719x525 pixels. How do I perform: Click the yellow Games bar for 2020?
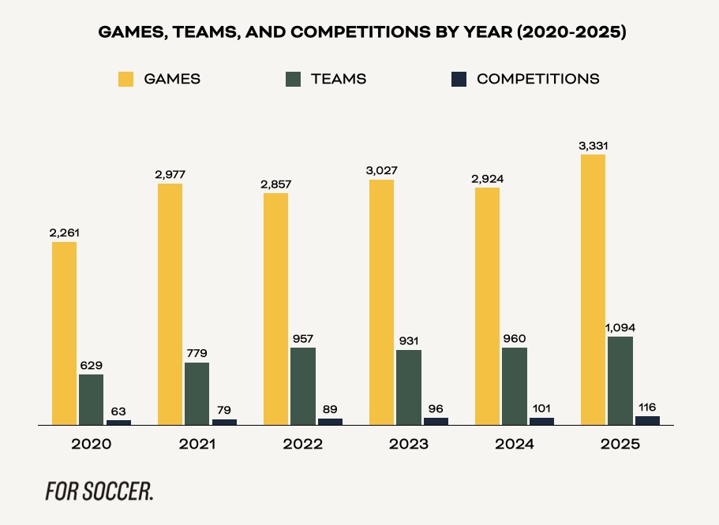(x=65, y=333)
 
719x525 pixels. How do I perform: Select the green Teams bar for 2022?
(x=303, y=386)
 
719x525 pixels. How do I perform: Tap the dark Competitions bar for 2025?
(x=647, y=420)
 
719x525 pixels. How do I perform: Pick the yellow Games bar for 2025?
(x=594, y=289)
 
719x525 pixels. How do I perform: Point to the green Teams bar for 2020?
(x=91, y=400)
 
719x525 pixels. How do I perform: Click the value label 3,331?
(x=594, y=146)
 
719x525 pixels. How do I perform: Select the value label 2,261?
(x=65, y=233)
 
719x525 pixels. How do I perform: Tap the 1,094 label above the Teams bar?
(x=620, y=328)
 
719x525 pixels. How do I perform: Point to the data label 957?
(x=303, y=339)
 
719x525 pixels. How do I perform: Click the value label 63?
(x=118, y=411)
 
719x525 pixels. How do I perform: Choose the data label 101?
(x=541, y=408)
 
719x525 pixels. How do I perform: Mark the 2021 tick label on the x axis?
(x=197, y=444)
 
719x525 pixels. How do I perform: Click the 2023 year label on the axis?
(x=409, y=444)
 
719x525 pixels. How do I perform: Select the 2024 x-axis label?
(x=515, y=444)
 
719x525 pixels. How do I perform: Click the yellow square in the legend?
(x=126, y=79)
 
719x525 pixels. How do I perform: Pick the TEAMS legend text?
(x=339, y=79)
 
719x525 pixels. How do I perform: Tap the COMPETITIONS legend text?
(x=538, y=79)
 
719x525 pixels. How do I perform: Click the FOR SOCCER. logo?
(x=99, y=490)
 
